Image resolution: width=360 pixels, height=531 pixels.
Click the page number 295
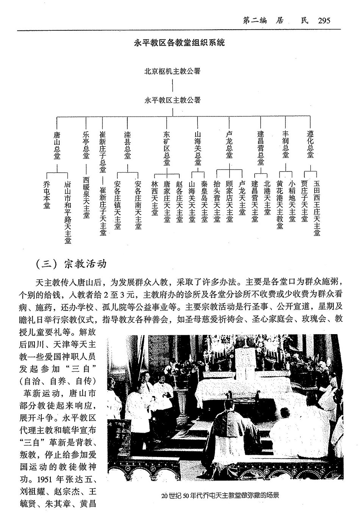point(324,20)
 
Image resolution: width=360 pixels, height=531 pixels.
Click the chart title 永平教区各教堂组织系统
point(180,42)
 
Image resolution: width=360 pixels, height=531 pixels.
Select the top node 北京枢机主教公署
point(172,71)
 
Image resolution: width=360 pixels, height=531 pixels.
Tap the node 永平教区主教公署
point(172,100)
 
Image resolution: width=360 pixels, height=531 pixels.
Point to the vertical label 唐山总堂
point(57,145)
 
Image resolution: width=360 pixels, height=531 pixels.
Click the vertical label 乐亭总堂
point(86,145)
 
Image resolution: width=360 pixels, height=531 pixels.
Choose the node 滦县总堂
point(127,145)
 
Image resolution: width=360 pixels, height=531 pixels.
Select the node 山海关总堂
point(198,148)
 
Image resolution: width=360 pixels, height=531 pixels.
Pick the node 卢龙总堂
point(229,145)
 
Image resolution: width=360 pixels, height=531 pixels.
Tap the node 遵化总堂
point(310,145)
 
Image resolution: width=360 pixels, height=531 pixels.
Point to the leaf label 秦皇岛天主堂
point(205,201)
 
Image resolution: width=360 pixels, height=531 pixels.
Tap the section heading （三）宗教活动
point(70,264)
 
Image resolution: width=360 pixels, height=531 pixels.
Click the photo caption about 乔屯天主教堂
point(220,495)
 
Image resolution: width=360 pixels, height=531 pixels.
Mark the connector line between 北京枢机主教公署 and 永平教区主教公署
point(172,85)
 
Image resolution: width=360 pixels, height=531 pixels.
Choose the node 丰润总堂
point(286,145)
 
